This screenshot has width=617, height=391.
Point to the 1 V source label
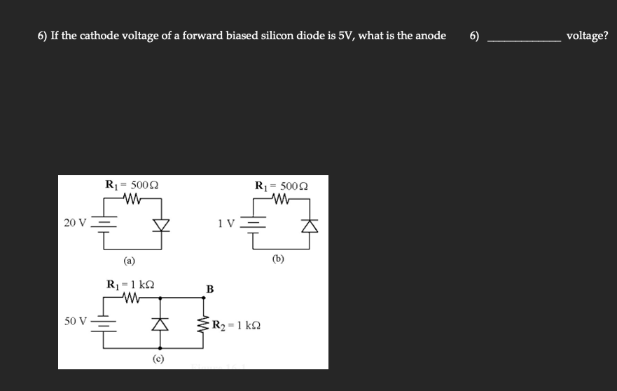tap(226, 224)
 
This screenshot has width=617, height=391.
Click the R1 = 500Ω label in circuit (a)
tap(131, 186)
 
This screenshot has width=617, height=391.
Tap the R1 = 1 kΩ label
tap(130, 285)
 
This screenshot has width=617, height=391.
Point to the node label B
tap(209, 289)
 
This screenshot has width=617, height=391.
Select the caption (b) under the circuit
tap(279, 258)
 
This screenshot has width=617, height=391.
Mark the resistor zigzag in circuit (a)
tap(132, 199)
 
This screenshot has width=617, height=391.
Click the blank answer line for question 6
tap(523, 41)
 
